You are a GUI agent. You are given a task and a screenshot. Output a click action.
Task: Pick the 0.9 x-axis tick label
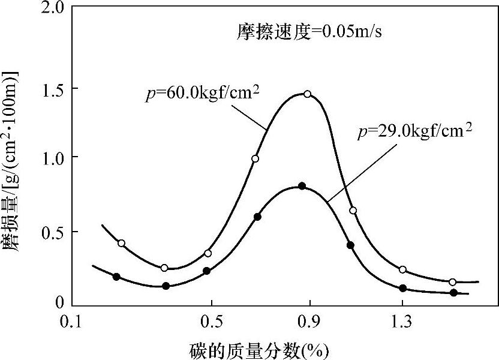point(309,322)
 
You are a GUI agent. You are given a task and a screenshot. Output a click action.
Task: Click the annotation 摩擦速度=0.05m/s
point(308,32)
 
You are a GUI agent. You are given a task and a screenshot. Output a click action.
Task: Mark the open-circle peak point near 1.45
point(308,94)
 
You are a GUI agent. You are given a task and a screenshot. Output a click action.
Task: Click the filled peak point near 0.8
point(302,186)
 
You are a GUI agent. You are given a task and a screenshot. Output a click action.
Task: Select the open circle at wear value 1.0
point(255,158)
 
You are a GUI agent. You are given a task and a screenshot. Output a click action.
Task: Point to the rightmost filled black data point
point(454,293)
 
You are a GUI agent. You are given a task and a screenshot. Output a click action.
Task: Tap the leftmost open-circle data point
point(121,243)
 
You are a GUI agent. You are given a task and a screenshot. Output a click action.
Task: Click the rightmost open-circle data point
point(453,282)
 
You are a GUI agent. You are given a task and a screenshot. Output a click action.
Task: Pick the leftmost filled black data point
point(116,277)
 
